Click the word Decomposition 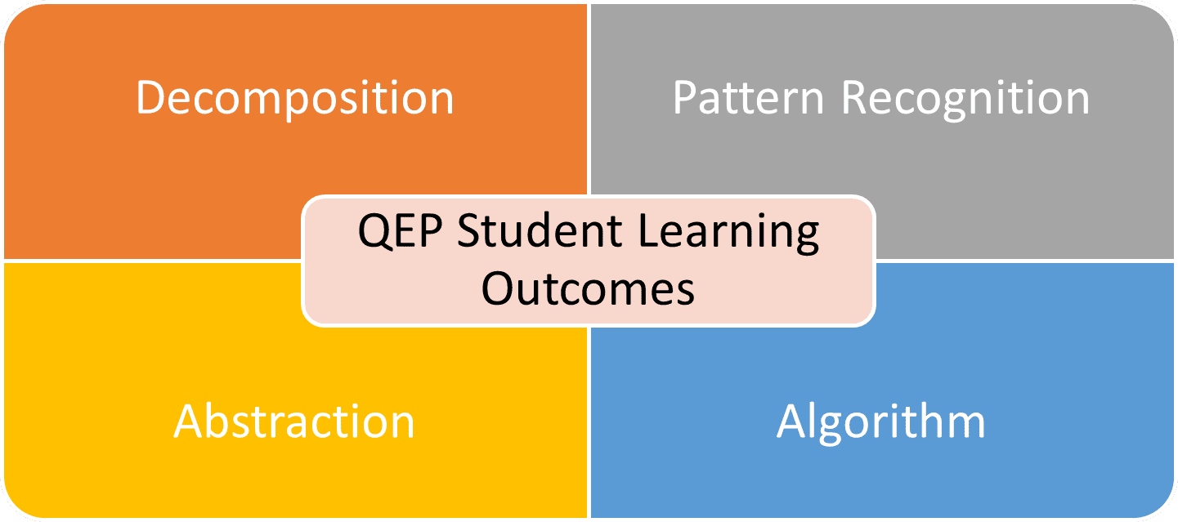(x=294, y=98)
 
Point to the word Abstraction (x=294, y=422)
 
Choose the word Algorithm (x=880, y=422)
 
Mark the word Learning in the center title (x=729, y=234)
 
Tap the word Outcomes (x=588, y=287)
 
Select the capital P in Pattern (x=685, y=98)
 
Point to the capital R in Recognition (x=855, y=98)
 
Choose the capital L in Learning (x=647, y=232)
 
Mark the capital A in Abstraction (x=189, y=422)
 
